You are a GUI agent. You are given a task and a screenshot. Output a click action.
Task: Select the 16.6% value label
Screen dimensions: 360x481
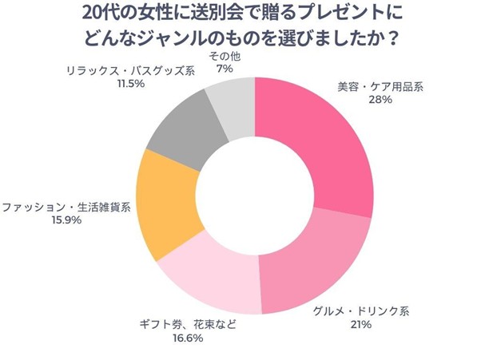(x=188, y=338)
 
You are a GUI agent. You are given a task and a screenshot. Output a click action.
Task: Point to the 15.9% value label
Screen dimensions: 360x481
(x=66, y=220)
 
